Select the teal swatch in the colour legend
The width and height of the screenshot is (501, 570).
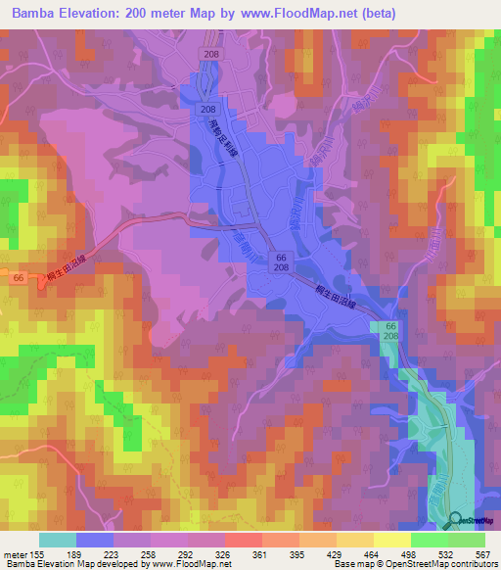click(x=57, y=539)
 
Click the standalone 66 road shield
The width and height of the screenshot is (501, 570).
click(x=18, y=279)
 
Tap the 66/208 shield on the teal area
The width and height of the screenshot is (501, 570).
click(x=390, y=330)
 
